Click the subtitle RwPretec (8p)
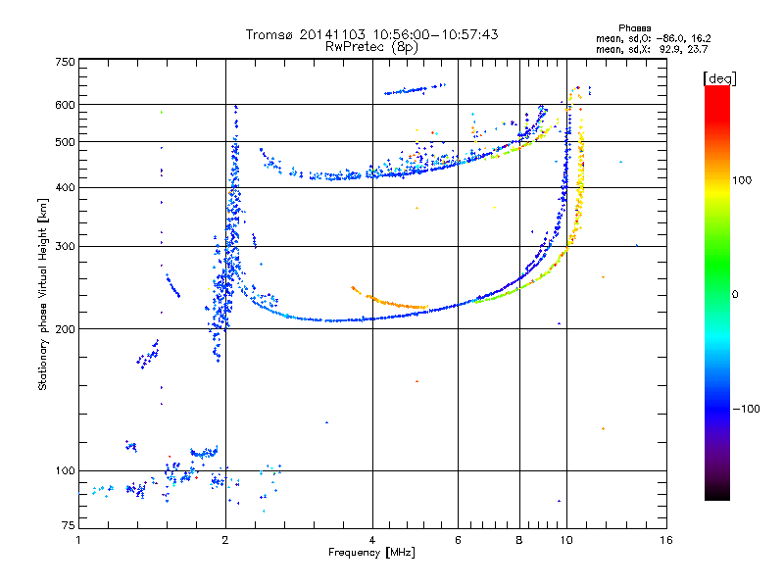point(371,47)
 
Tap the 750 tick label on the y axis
point(66,62)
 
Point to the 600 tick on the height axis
point(66,105)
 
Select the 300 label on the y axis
point(66,247)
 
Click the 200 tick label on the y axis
point(66,329)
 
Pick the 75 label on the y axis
point(69,525)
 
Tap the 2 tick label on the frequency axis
point(225,540)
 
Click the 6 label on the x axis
point(458,540)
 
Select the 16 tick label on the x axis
point(666,540)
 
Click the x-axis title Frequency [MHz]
point(371,553)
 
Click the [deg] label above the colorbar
point(719,78)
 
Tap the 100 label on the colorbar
point(742,180)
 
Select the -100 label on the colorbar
point(746,409)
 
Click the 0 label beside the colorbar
point(735,295)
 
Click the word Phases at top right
point(634,28)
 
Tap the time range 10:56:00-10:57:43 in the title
point(435,34)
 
